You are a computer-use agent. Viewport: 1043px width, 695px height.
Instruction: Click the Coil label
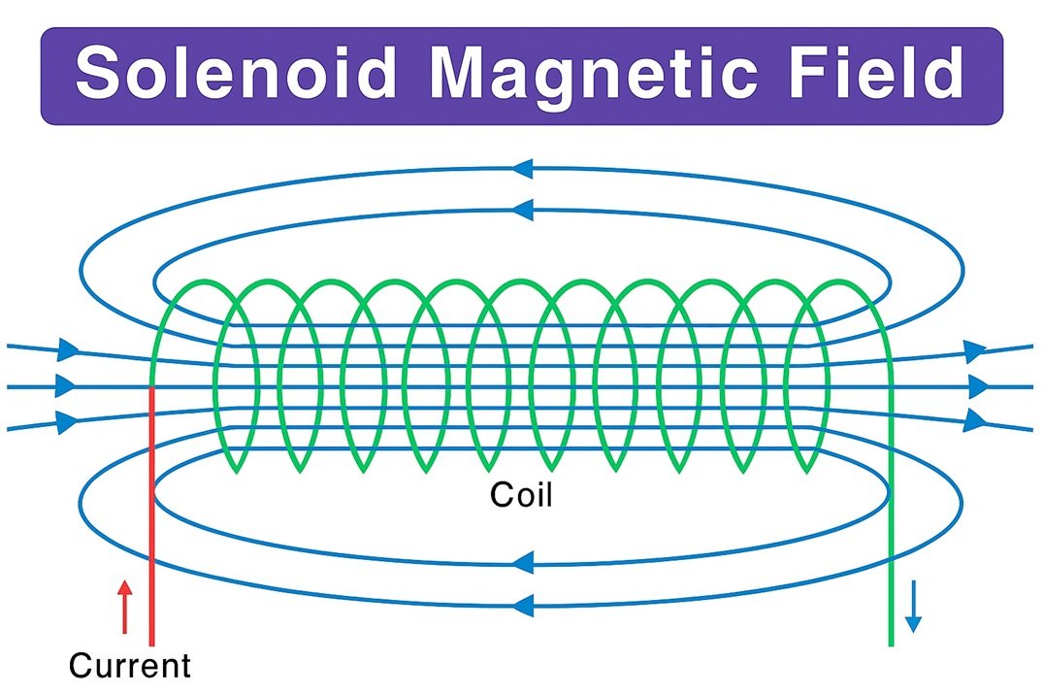click(521, 495)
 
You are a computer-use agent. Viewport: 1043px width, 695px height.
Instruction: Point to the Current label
click(130, 666)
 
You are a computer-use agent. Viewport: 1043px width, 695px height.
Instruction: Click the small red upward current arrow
click(123, 607)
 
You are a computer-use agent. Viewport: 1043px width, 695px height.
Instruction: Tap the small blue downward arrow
click(912, 608)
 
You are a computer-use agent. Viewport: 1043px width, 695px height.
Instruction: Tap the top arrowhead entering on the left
click(68, 348)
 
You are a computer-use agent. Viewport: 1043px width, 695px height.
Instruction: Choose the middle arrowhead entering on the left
click(66, 386)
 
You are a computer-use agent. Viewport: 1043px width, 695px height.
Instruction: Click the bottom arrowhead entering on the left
click(68, 422)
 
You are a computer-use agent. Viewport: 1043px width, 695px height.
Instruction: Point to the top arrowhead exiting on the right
click(974, 350)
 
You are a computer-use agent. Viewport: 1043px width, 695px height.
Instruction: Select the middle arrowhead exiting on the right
click(978, 386)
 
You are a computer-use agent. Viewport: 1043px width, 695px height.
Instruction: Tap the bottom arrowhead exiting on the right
click(974, 421)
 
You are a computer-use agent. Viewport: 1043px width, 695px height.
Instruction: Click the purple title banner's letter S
click(101, 76)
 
